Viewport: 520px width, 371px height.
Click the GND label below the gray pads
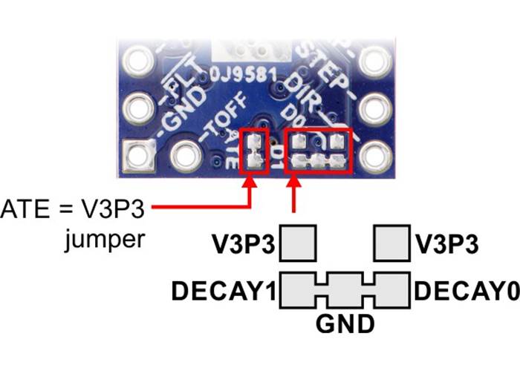[344, 324]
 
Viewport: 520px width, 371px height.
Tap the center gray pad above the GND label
[345, 289]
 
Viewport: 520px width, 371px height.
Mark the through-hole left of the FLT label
[138, 59]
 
